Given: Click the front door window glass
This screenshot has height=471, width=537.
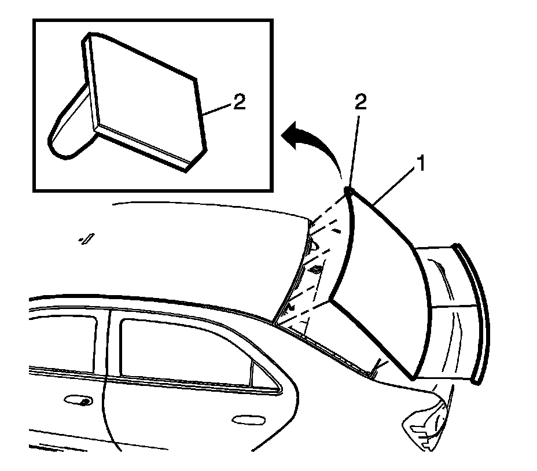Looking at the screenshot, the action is (x=61, y=341).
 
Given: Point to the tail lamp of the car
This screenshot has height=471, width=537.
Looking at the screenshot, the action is (x=425, y=422).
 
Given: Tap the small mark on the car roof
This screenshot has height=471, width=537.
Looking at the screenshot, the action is (x=88, y=238).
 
